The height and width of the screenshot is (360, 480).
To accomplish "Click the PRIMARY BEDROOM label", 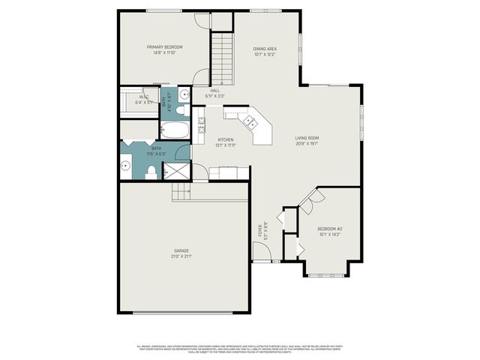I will click(x=164, y=46).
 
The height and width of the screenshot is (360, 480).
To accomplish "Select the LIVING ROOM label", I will click(x=307, y=138).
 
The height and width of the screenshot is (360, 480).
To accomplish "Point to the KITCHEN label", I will click(x=226, y=139).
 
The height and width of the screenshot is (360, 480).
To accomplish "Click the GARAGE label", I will click(x=181, y=250).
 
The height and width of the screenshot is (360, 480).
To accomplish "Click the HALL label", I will click(x=214, y=91).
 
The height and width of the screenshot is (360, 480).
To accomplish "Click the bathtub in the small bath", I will click(x=176, y=130).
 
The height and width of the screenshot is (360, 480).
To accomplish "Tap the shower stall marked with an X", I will click(x=177, y=172).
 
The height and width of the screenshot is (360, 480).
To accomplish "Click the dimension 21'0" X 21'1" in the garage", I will click(x=181, y=256).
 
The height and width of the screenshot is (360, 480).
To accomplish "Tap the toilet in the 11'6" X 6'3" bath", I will click(x=151, y=173).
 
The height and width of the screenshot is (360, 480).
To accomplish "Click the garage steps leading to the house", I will click(x=182, y=193).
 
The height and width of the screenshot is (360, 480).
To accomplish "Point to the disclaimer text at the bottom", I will click(x=240, y=349).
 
